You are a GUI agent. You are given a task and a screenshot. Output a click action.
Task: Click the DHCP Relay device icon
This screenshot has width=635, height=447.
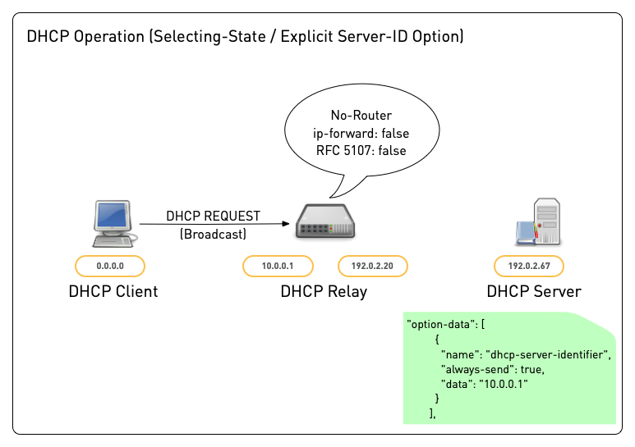click(x=326, y=224)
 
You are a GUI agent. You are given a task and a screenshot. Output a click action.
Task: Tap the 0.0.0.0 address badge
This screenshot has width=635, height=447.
click(x=110, y=266)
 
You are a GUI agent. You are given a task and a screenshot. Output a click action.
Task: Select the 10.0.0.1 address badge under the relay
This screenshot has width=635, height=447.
click(x=277, y=266)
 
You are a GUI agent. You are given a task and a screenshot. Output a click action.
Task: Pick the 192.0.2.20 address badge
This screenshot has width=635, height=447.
click(x=373, y=266)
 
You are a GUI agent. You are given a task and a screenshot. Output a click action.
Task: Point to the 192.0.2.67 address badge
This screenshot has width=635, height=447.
click(x=528, y=266)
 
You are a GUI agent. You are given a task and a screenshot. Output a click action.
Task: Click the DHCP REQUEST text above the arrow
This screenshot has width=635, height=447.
click(x=213, y=217)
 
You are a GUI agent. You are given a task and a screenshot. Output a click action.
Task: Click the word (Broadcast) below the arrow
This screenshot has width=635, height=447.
click(x=213, y=235)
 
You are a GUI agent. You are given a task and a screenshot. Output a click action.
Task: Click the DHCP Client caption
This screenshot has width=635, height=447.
click(x=113, y=291)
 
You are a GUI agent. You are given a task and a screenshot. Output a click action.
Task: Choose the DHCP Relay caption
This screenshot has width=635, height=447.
click(x=324, y=291)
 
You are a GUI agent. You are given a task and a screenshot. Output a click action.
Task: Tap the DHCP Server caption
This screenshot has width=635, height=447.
click(x=533, y=291)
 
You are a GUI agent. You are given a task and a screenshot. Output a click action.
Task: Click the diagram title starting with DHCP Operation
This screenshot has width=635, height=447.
click(x=245, y=37)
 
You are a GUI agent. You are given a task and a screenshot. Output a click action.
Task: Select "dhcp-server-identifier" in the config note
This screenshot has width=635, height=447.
click(x=547, y=353)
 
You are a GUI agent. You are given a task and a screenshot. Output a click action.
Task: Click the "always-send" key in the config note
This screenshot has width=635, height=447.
click(x=474, y=368)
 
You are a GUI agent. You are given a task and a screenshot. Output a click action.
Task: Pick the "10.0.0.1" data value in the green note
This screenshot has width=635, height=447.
click(x=504, y=383)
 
